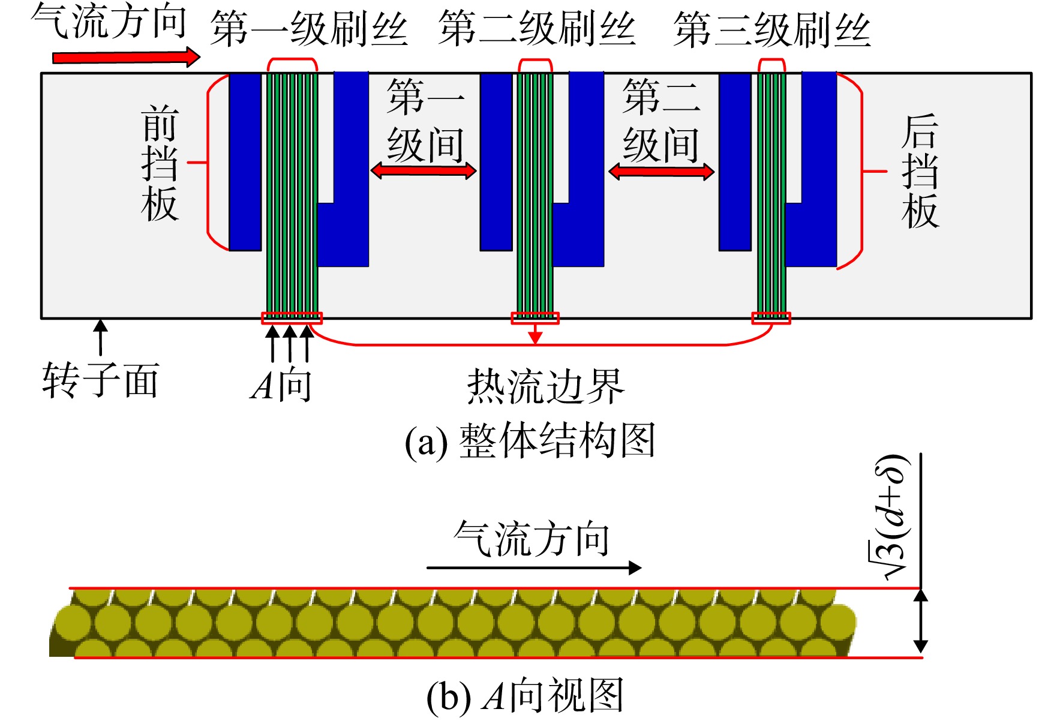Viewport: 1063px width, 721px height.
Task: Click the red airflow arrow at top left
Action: [x=126, y=57]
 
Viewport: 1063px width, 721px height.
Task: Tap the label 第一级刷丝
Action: [x=310, y=29]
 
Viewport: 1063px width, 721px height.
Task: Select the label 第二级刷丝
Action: [x=537, y=29]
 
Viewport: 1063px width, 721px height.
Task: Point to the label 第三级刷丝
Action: [x=772, y=29]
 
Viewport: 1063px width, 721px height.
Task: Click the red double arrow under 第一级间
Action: [x=424, y=171]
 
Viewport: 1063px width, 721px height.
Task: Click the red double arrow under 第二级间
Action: [x=661, y=172]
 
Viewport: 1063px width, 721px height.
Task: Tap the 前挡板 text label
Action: [x=160, y=163]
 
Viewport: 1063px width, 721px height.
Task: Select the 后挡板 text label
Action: [x=920, y=172]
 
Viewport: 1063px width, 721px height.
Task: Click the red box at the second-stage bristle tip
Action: [x=535, y=318]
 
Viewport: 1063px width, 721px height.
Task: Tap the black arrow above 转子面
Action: [x=101, y=337]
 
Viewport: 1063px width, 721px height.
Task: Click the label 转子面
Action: [x=101, y=381]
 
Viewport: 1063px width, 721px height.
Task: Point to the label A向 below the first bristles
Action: [x=281, y=385]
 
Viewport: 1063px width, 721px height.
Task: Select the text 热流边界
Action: [x=546, y=387]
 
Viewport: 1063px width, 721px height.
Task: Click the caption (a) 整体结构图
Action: [x=530, y=441]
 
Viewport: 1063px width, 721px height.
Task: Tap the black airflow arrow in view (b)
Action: [x=534, y=567]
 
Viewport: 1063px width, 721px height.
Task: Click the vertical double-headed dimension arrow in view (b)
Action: [x=920, y=621]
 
